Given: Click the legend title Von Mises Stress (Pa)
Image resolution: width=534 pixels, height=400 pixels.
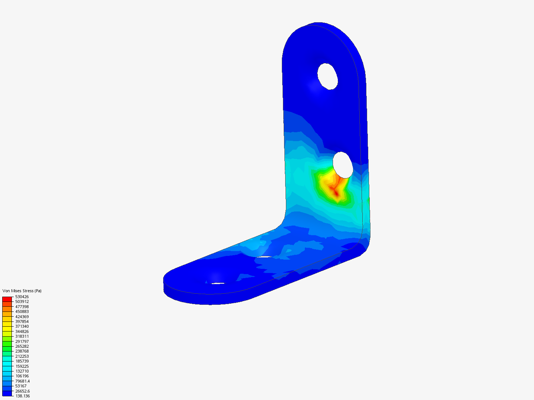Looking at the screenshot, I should (x=22, y=291).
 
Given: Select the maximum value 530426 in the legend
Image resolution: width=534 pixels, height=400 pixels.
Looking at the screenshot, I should (x=22, y=297).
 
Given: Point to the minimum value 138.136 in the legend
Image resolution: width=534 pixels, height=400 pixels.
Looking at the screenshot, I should (x=23, y=396).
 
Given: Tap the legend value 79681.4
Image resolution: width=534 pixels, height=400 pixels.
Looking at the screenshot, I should (x=23, y=381).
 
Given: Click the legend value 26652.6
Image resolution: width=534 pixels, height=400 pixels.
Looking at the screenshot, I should (x=23, y=391).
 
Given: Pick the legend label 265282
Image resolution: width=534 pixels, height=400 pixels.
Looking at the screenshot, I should (x=22, y=346).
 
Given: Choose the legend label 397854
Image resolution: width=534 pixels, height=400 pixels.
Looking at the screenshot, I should (x=22, y=321).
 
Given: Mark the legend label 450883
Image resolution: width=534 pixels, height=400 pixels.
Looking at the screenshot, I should (x=22, y=311).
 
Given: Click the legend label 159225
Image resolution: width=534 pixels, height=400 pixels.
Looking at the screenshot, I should (x=22, y=366).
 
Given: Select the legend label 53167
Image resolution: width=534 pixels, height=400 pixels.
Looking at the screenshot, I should (x=21, y=386).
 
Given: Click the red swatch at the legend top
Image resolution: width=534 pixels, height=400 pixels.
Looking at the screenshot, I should (x=7, y=299).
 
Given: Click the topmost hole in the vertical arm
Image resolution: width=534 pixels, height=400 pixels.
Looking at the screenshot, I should (x=328, y=76).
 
